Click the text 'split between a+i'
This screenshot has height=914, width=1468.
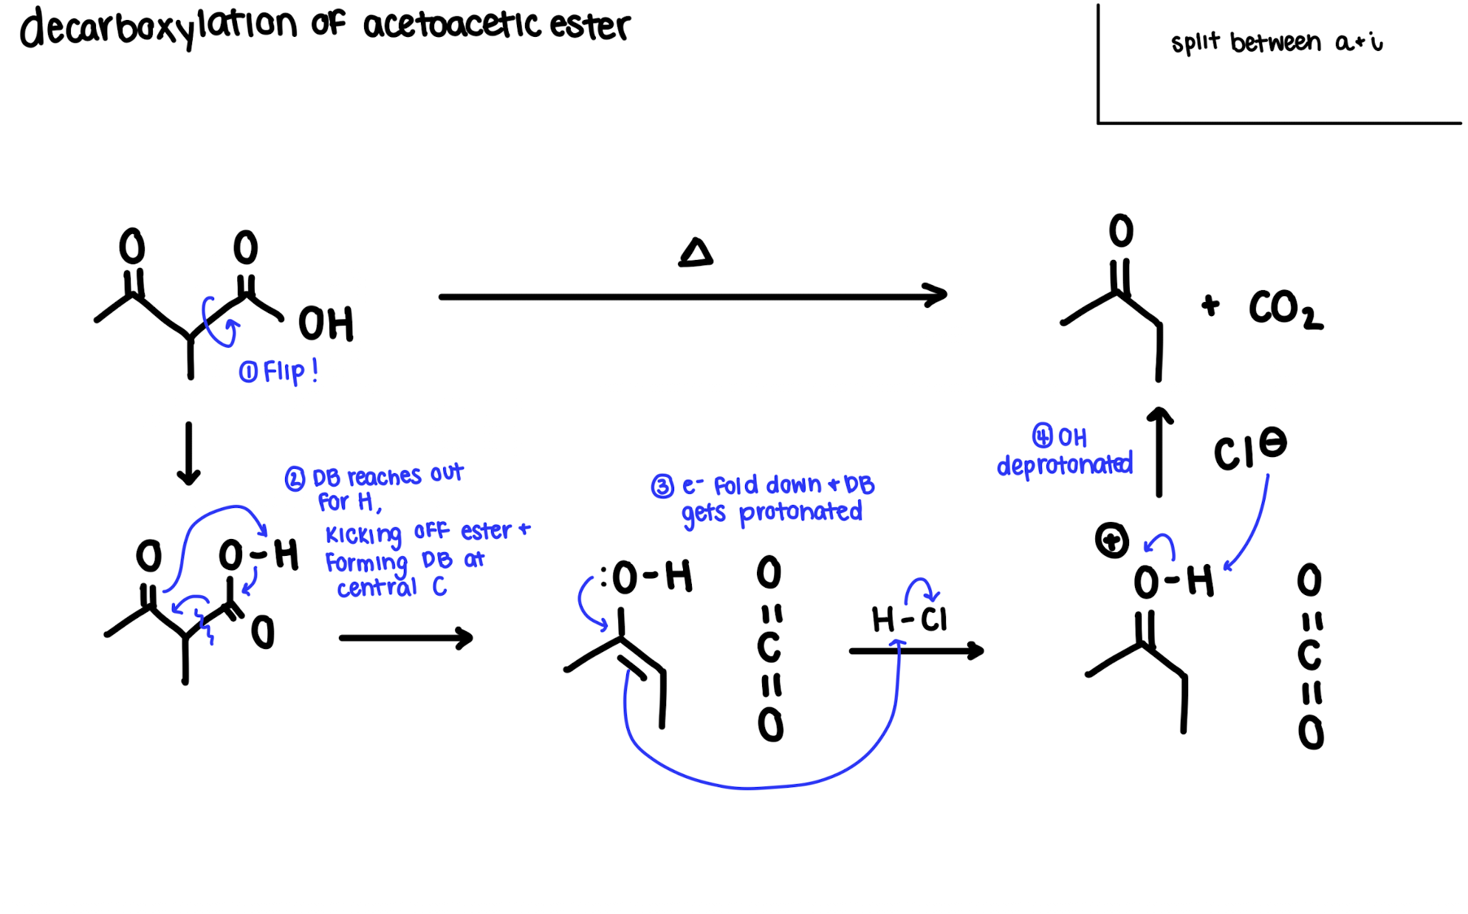click(x=1276, y=43)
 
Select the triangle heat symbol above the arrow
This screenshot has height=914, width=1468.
click(x=696, y=253)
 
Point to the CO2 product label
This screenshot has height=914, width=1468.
click(x=1285, y=309)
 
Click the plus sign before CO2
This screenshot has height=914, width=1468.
click(x=1210, y=305)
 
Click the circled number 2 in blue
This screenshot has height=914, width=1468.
click(x=295, y=479)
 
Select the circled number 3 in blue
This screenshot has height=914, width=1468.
click(x=662, y=487)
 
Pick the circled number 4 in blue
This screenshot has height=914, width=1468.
click(x=1042, y=436)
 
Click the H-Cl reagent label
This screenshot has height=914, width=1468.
click(x=909, y=619)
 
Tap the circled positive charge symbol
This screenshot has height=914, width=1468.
click(x=1111, y=541)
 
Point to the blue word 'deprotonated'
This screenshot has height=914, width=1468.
click(x=1064, y=465)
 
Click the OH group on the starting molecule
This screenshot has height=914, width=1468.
click(x=326, y=323)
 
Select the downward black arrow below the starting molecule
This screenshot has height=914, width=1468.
click(x=189, y=453)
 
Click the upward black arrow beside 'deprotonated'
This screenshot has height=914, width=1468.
click(x=1159, y=452)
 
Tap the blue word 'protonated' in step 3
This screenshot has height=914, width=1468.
click(x=800, y=512)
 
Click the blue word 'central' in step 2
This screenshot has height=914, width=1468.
click(x=377, y=588)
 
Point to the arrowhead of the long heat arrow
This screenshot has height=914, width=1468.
click(x=938, y=295)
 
